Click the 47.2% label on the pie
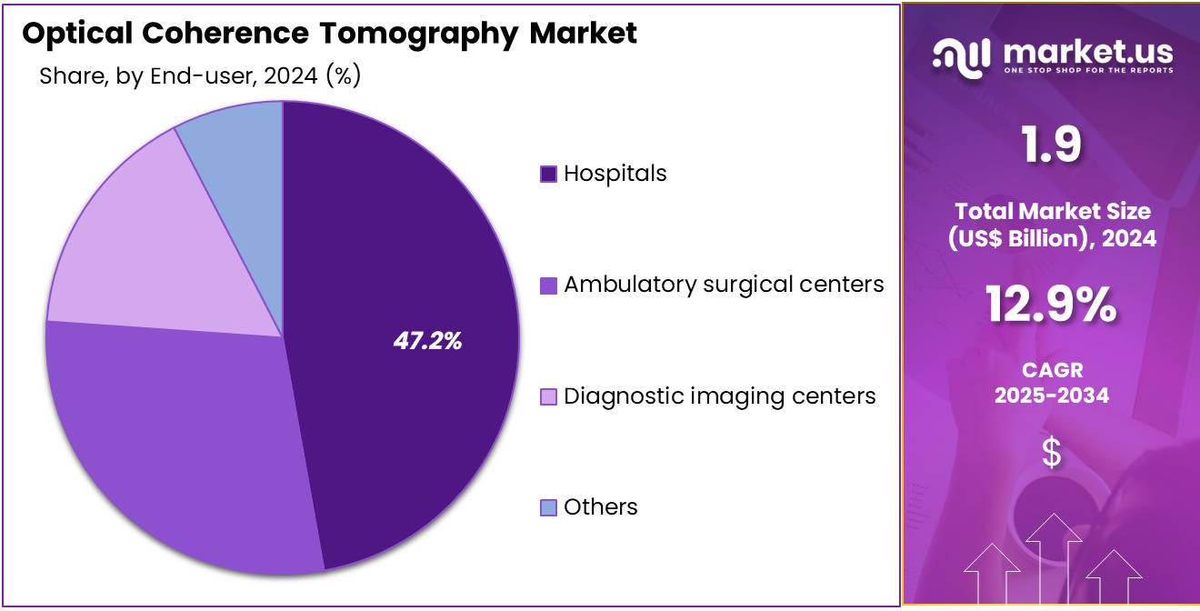427,341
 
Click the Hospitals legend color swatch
548,174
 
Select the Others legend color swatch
548,507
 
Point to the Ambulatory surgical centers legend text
724,285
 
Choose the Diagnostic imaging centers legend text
719,396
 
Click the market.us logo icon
962,56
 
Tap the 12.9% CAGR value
1051,305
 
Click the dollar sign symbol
1051,452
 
